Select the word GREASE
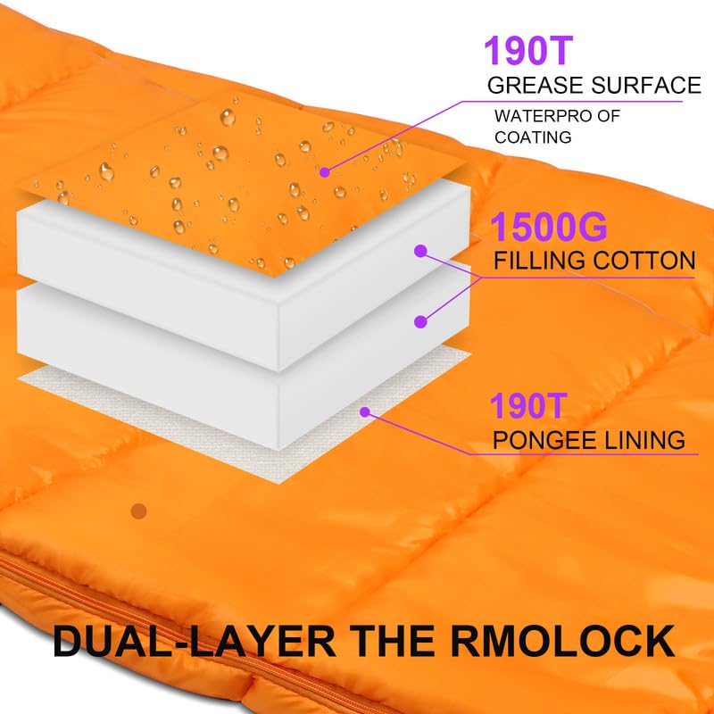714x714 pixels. click(533, 87)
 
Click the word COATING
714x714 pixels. click(533, 137)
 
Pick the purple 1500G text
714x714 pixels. click(549, 228)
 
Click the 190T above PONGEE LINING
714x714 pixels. click(527, 407)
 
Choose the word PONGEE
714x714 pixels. click(540, 440)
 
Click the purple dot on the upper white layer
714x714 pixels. click(420, 253)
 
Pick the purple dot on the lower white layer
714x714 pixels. click(420, 319)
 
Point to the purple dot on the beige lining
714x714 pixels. click(364, 411)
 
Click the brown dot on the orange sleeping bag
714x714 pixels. click(137, 511)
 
